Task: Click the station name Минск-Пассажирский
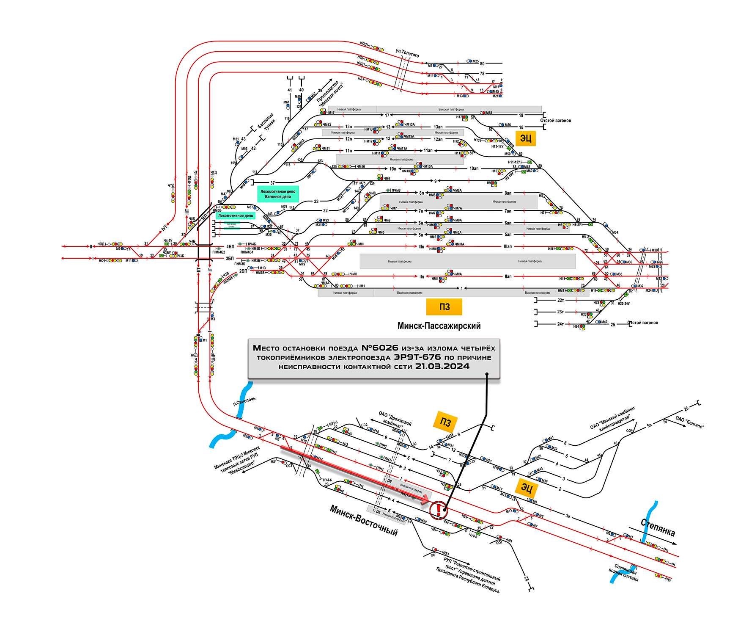439,326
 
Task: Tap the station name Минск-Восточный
364,520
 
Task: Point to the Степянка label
658,527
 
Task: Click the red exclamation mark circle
439,509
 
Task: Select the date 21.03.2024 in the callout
442,367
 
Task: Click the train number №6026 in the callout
379,348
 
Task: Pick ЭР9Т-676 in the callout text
417,357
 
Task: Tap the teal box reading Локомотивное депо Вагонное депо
278,194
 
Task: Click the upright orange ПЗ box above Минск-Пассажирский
444,307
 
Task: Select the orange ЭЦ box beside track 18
526,138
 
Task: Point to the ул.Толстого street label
407,53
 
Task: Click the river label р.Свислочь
244,401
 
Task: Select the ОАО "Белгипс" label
690,422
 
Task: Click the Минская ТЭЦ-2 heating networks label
237,460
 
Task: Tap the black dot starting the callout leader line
487,374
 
